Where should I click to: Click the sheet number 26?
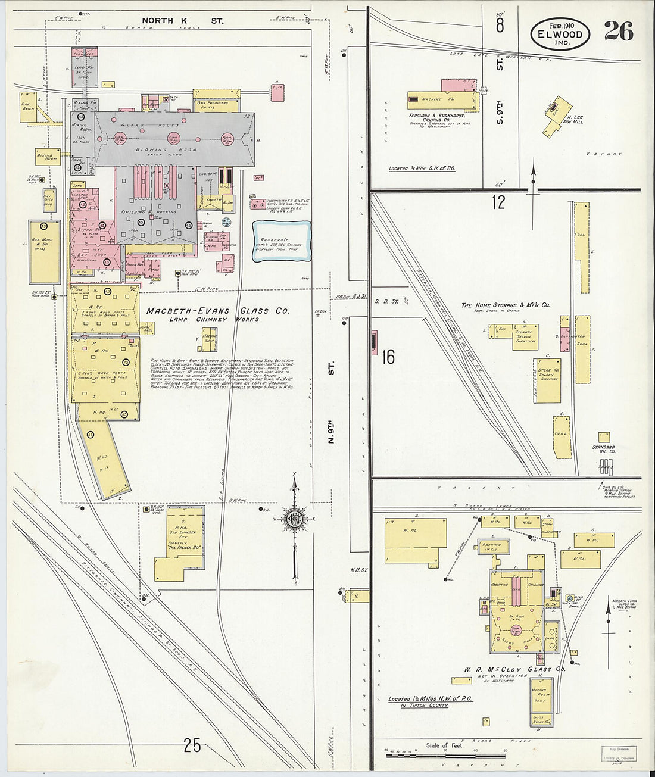(619, 30)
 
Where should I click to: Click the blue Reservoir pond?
(282, 241)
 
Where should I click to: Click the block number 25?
(192, 745)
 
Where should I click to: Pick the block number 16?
(388, 357)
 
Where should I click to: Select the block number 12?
(498, 202)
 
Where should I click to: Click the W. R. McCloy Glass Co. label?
(514, 669)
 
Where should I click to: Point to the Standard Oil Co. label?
(604, 450)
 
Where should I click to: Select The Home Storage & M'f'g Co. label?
(506, 305)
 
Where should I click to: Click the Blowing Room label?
(174, 149)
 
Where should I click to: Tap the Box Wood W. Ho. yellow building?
(44, 251)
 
